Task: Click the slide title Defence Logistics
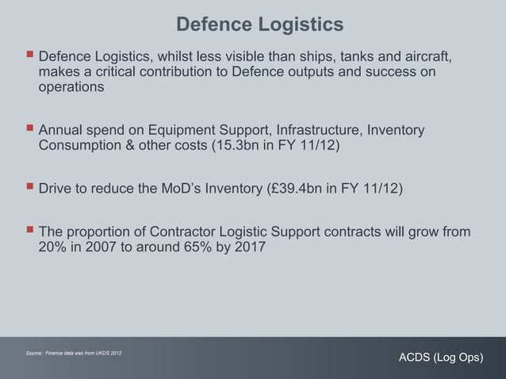(x=259, y=25)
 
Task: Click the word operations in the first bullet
(x=71, y=88)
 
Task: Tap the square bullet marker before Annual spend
(x=29, y=129)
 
